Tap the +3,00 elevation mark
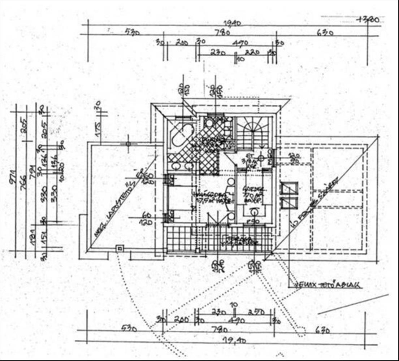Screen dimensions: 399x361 pos(367,20)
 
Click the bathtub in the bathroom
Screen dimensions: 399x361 pos(181,135)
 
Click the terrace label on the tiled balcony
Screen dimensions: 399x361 pos(242,240)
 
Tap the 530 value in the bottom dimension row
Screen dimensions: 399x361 pos(129,329)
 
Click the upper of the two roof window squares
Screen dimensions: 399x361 pos(289,188)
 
